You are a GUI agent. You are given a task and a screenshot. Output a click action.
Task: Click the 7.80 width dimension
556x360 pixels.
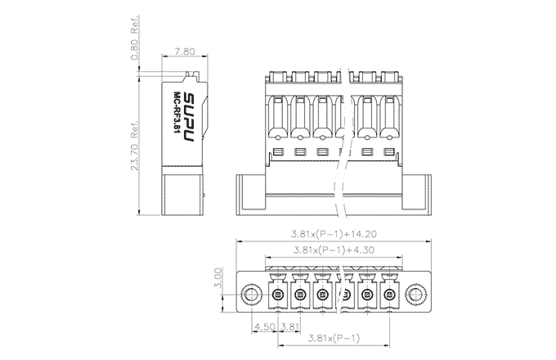click(185, 52)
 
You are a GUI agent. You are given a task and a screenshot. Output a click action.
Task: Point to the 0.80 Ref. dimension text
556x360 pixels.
click(135, 38)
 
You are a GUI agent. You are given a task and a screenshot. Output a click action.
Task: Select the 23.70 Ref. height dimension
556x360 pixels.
click(134, 146)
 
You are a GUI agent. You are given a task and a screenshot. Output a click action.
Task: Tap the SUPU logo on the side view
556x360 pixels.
click(190, 117)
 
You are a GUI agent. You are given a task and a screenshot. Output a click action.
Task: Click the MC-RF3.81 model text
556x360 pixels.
click(177, 112)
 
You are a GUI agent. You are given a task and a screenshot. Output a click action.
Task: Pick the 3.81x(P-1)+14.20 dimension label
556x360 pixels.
click(334, 234)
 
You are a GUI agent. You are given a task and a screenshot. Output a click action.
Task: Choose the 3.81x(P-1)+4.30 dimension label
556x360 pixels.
click(334, 250)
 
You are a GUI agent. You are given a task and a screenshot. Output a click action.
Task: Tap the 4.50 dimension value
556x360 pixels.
click(265, 326)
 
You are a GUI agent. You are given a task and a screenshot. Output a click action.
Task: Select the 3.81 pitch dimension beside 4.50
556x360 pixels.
click(289, 326)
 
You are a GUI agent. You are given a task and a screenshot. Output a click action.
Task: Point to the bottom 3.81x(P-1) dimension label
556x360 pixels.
click(334, 338)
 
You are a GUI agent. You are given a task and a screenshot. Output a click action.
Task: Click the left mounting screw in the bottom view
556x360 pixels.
click(251, 295)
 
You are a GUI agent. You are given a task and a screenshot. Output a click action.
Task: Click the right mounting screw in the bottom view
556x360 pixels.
click(416, 295)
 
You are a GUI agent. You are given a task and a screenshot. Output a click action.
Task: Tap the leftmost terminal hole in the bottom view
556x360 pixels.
click(278, 295)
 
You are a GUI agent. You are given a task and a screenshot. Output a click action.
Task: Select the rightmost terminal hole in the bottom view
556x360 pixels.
click(389, 295)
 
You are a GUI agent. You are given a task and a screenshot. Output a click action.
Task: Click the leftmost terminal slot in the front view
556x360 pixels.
click(278, 117)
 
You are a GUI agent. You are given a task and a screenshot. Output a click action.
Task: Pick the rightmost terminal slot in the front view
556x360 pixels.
click(389, 117)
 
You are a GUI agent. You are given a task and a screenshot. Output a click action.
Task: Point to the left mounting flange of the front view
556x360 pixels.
click(251, 195)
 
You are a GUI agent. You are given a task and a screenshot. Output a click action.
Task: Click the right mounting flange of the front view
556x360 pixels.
click(416, 195)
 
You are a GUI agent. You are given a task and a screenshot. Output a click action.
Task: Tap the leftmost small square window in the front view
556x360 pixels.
click(278, 152)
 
